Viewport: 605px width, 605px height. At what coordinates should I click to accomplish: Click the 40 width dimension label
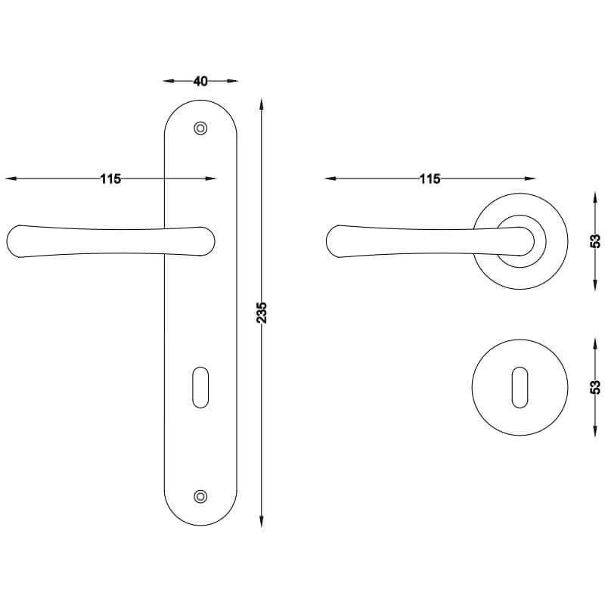[x=200, y=82]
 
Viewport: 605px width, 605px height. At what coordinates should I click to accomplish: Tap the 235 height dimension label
[x=262, y=312]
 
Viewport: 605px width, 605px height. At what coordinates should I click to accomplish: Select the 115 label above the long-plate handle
[x=110, y=179]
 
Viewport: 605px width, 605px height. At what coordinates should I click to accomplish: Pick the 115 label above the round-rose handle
[x=430, y=179]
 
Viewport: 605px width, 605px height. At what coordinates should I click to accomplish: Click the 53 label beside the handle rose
[x=596, y=241]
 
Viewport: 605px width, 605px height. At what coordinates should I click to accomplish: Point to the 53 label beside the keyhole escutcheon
[x=596, y=387]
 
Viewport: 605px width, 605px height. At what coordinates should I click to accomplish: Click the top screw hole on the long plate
[x=200, y=128]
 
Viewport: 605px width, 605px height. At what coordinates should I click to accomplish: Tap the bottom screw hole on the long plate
[x=200, y=497]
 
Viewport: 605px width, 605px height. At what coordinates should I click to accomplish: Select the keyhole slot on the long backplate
[x=200, y=387]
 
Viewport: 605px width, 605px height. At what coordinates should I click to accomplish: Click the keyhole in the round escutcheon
[x=520, y=387]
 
